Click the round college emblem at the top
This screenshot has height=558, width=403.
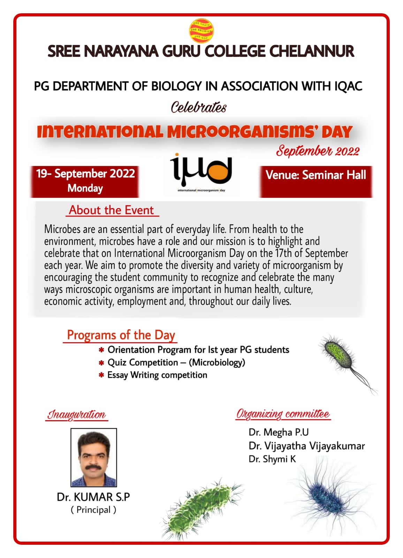click(201, 30)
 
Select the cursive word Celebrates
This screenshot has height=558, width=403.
click(198, 107)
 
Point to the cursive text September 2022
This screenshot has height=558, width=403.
click(318, 151)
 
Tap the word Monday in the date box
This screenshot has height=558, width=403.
click(85, 188)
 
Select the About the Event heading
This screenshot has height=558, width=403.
click(111, 210)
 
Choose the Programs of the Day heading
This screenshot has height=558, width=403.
click(121, 335)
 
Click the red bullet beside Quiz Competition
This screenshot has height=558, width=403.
click(101, 363)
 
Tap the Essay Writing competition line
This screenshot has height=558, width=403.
click(157, 375)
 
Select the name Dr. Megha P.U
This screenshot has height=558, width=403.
click(279, 432)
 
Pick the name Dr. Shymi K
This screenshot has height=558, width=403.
click(272, 459)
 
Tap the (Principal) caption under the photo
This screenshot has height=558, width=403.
click(93, 510)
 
